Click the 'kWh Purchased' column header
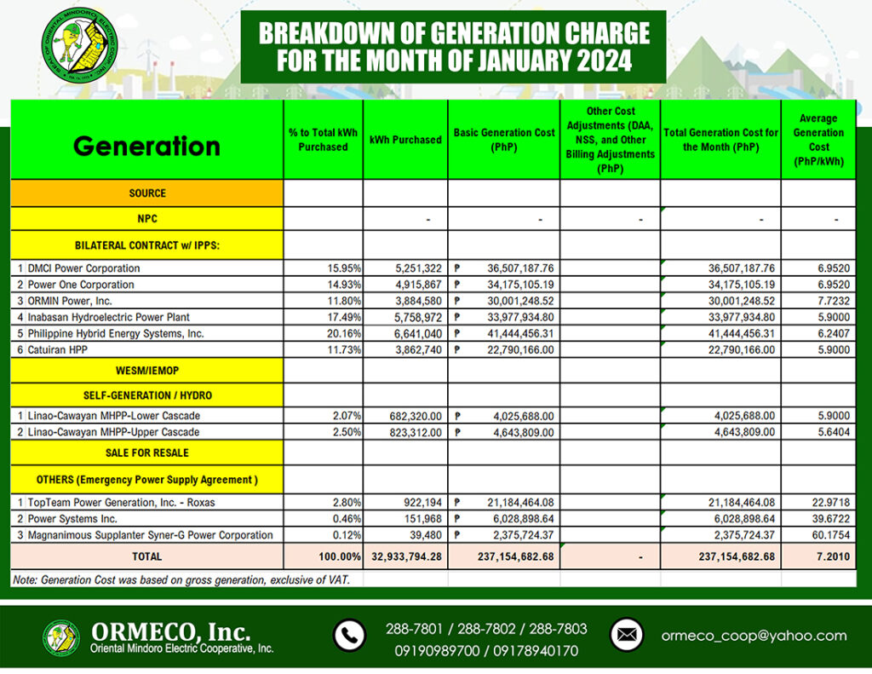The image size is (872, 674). [x=405, y=140]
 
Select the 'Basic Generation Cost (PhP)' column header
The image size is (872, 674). [x=503, y=139]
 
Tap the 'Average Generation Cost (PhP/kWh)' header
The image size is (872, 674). [x=818, y=140]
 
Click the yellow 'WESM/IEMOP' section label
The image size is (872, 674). [x=147, y=371]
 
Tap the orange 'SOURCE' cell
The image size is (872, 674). [x=147, y=193]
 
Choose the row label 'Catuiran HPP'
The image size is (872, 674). [x=60, y=349]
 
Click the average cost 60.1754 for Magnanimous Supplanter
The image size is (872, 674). [x=823, y=535]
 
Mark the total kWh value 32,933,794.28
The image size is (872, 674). [x=405, y=556]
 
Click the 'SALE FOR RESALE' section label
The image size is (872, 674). [x=147, y=452]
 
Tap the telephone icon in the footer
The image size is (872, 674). [x=349, y=636]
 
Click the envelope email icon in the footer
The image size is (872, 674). [x=627, y=636]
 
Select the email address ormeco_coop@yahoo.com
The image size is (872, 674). [x=754, y=636]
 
